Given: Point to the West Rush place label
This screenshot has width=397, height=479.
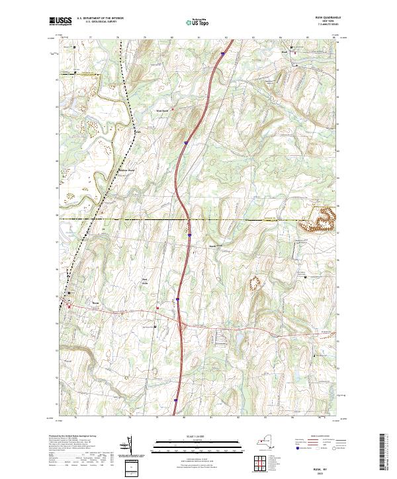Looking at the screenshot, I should click(x=163, y=110).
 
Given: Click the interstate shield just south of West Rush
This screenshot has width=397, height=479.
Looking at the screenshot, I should click(x=187, y=141).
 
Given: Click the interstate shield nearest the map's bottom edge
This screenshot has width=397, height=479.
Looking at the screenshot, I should click(x=176, y=400).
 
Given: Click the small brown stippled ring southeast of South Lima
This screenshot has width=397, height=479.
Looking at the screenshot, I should click(x=255, y=283).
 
